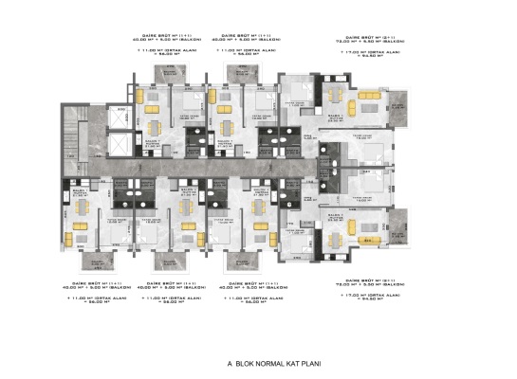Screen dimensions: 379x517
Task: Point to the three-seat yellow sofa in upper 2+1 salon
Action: pyautogui.click(x=365, y=101)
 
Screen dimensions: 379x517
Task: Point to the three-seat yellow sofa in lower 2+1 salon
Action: pyautogui.click(x=365, y=226)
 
